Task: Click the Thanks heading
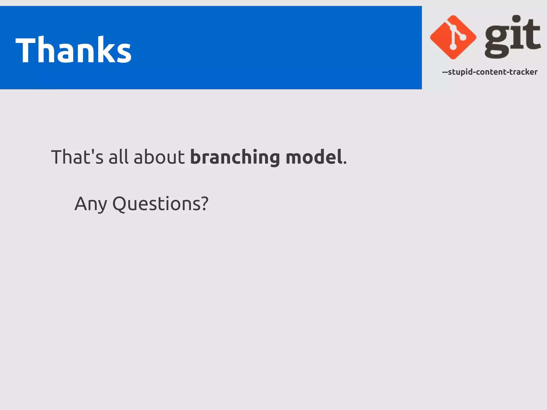point(73,50)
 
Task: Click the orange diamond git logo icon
point(453,37)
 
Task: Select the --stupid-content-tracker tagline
point(490,72)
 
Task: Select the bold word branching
point(235,157)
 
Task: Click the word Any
point(91,204)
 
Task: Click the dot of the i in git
point(517,19)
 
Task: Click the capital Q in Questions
point(121,204)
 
